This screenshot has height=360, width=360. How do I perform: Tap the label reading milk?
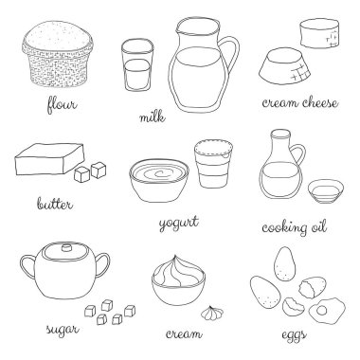(x=153, y=117)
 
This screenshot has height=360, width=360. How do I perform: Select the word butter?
(x=55, y=203)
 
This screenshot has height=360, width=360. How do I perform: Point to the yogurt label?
(x=179, y=223)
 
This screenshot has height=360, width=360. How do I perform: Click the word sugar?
(x=63, y=329)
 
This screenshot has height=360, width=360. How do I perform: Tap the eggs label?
(x=294, y=335)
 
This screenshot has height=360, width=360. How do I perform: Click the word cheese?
(x=319, y=102)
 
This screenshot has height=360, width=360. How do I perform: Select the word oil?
(x=318, y=226)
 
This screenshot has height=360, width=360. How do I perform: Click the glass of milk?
(x=137, y=64)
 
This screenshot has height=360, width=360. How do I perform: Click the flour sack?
(x=58, y=53)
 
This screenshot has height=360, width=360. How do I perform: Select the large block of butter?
(x=50, y=159)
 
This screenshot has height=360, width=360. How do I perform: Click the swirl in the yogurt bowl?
(x=159, y=174)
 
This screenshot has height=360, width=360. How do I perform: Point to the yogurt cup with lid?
(x=214, y=164)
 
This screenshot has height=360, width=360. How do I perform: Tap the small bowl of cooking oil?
(x=326, y=191)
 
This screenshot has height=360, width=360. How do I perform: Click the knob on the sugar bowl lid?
(x=66, y=247)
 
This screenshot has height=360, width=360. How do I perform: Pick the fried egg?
(x=327, y=310)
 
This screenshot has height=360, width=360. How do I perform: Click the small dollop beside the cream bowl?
(x=212, y=312)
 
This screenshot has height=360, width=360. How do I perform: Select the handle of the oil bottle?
(x=297, y=154)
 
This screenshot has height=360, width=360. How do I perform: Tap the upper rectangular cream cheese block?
(x=319, y=33)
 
